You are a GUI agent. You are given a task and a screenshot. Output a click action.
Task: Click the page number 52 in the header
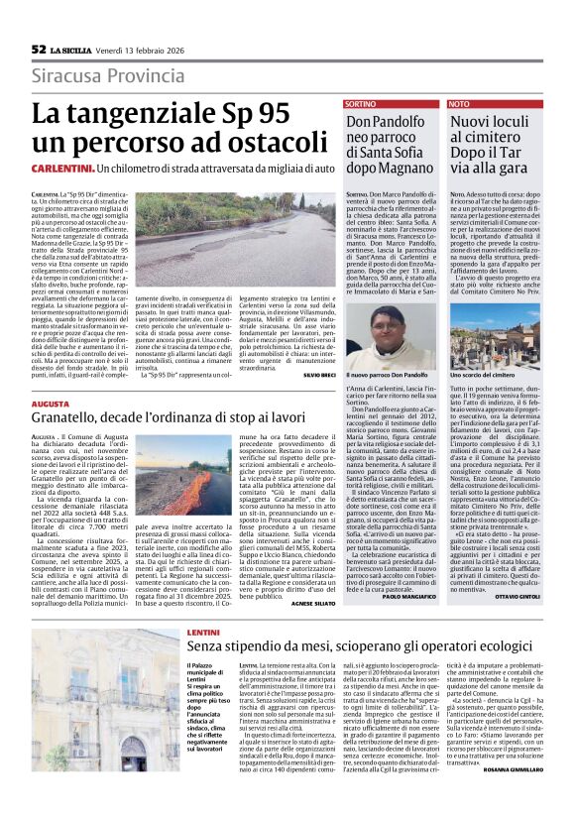[39, 49]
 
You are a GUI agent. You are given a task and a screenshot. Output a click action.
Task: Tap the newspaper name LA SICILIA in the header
[69, 49]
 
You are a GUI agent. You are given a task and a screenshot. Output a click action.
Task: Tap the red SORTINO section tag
[361, 103]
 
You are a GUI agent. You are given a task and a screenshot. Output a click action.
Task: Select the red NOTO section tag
[459, 103]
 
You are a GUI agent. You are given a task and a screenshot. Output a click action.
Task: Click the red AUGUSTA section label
[50, 406]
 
